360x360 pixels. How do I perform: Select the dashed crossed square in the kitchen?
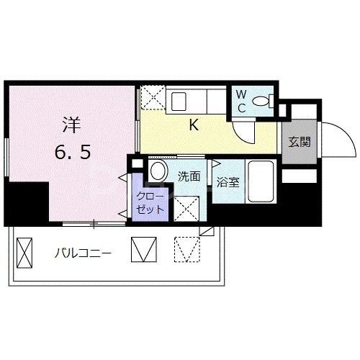[x=152, y=96]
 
